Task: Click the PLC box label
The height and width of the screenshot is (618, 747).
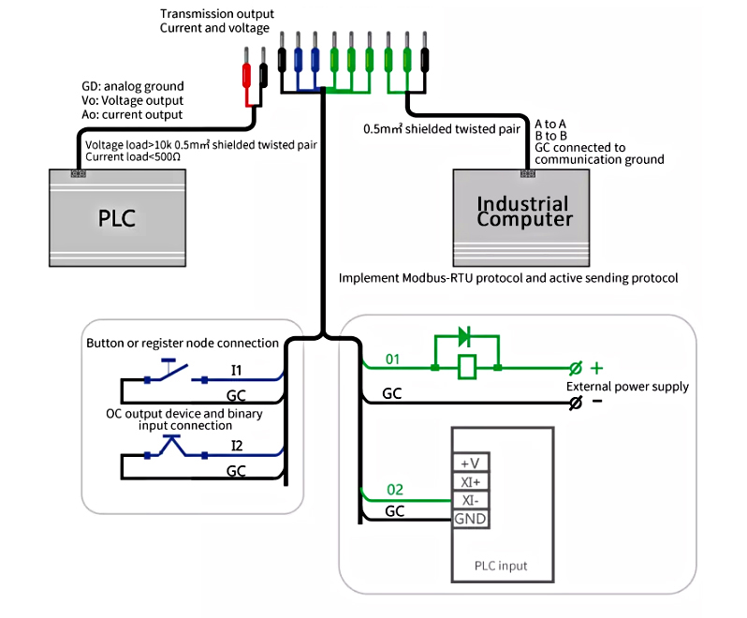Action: tap(118, 219)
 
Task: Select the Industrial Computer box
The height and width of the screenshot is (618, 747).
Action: tap(524, 213)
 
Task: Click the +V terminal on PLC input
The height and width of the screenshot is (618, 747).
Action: tap(470, 463)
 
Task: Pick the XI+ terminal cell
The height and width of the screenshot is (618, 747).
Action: tap(470, 482)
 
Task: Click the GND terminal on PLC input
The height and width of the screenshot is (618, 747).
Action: tap(470, 519)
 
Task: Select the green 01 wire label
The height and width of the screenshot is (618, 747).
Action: tap(392, 359)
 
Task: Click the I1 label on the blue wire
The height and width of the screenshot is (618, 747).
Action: tap(237, 368)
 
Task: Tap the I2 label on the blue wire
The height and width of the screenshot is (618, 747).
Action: tap(237, 444)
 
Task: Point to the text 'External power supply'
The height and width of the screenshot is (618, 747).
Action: tap(627, 386)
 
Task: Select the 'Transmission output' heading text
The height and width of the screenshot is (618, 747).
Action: tap(217, 14)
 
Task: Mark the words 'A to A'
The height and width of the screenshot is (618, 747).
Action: tap(550, 124)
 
